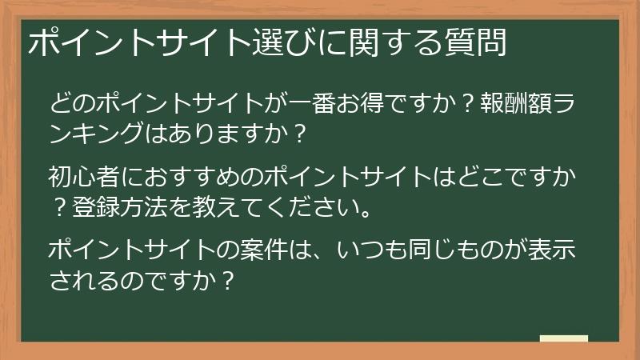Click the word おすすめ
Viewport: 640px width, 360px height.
177,175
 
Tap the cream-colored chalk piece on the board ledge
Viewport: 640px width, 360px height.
563,338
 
